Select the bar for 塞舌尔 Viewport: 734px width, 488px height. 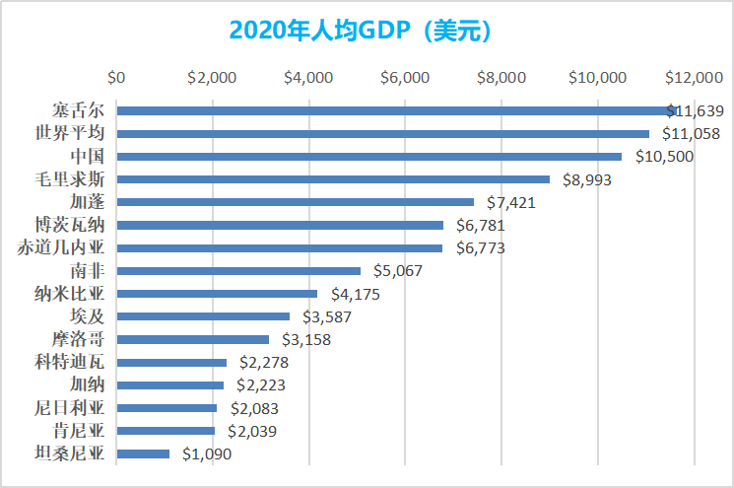[394, 110]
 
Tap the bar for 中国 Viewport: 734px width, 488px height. [369, 156]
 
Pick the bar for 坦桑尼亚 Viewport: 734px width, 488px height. [143, 453]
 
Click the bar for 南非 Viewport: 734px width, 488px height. [238, 270]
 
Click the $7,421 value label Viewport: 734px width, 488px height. [514, 202]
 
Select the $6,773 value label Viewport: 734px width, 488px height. [481, 248]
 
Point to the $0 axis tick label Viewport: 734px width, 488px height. [116, 76]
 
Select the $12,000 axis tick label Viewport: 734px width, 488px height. [693, 76]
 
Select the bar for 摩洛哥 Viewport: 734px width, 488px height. [192, 339]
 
